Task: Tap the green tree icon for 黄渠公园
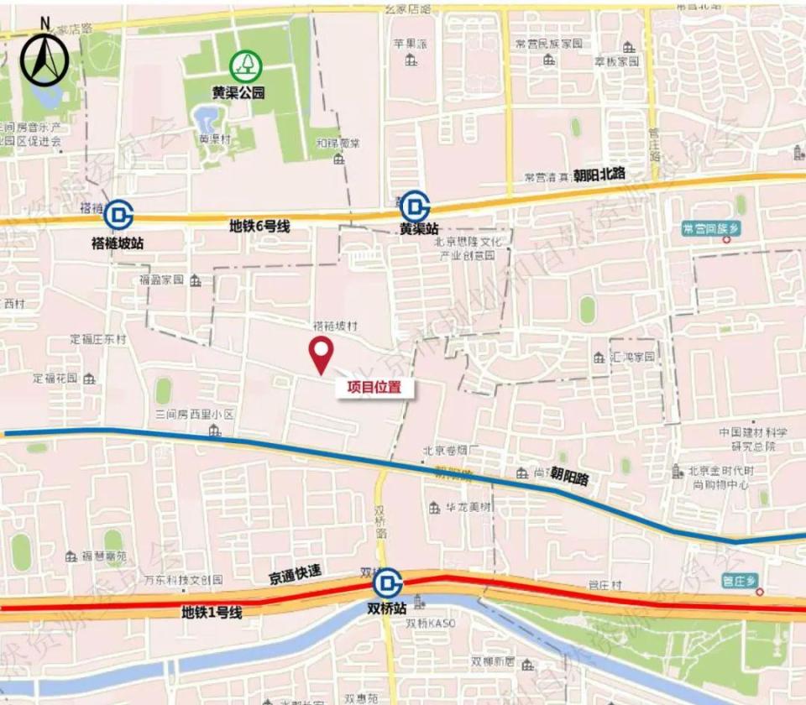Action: click(246, 65)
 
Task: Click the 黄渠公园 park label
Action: click(238, 93)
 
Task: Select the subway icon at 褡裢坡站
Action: click(118, 216)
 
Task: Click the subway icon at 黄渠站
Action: click(415, 205)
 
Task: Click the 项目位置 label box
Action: click(374, 388)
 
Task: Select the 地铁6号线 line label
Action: click(259, 226)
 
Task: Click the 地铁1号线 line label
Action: click(212, 614)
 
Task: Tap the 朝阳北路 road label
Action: click(600, 175)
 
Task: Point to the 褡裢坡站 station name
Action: click(118, 243)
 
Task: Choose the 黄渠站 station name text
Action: click(419, 229)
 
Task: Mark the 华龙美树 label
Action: click(468, 507)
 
